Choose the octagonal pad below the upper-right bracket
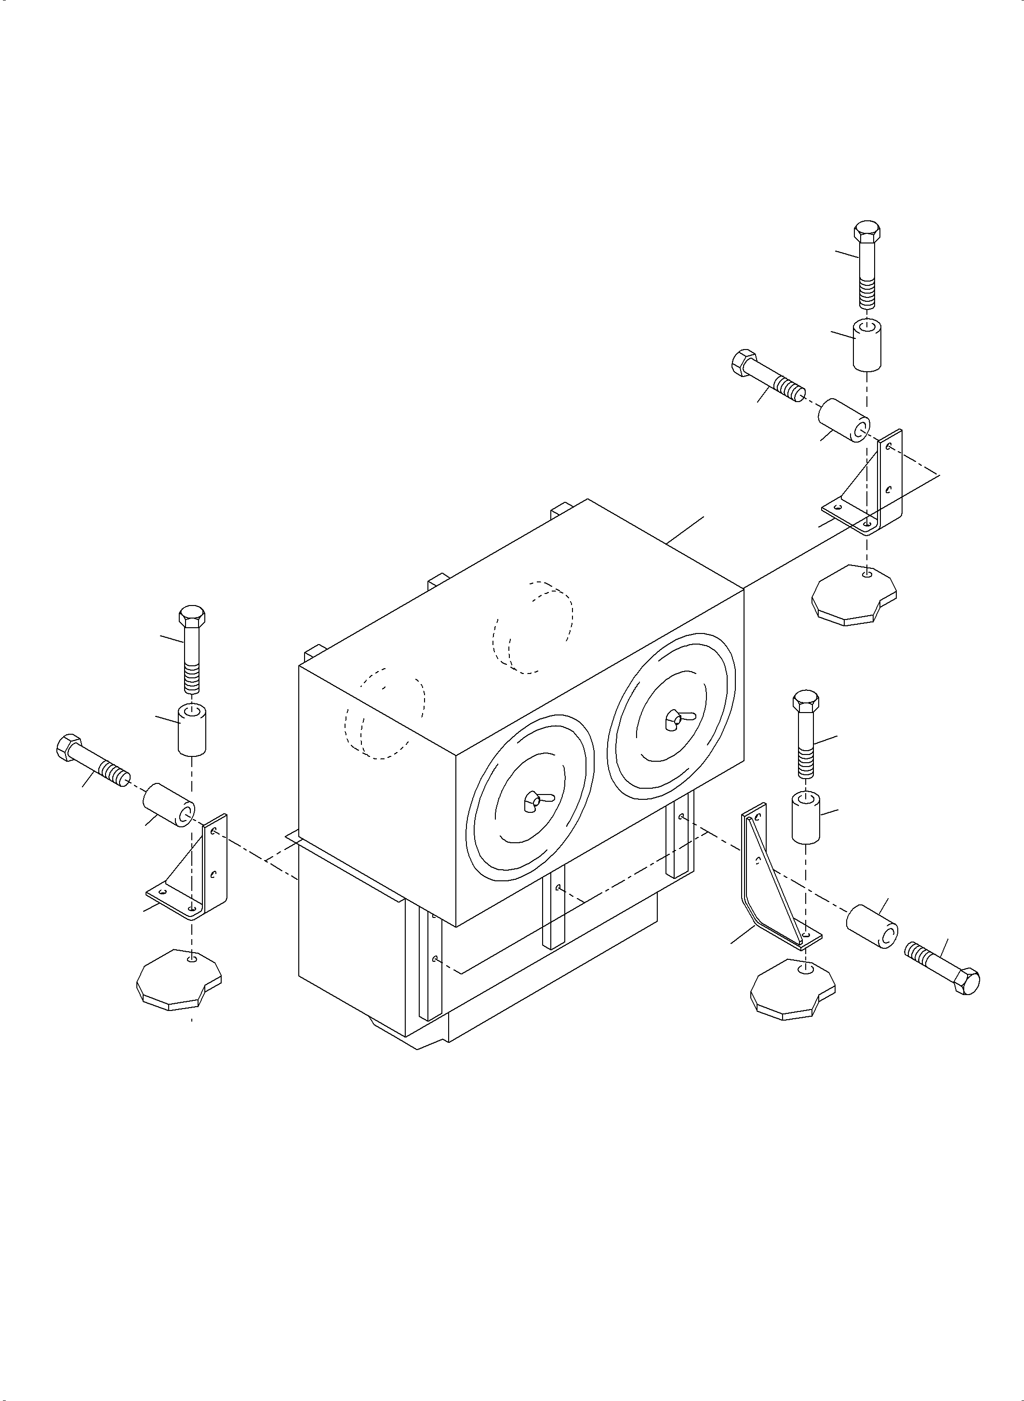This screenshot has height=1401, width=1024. pyautogui.click(x=853, y=594)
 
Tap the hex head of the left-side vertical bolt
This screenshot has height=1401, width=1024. pyautogui.click(x=192, y=616)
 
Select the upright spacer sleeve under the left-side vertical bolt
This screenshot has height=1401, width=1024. pyautogui.click(x=192, y=729)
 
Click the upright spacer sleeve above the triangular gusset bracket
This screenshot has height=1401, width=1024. pyautogui.click(x=806, y=816)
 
